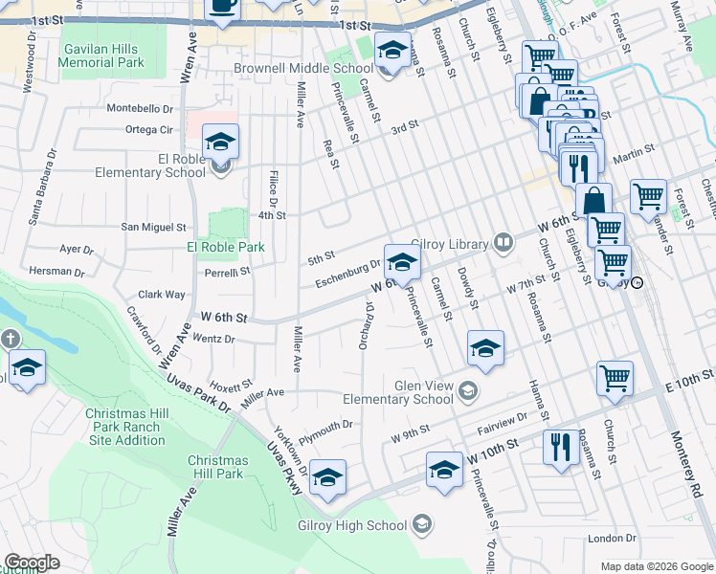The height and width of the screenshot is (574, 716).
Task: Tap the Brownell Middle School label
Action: pos(303,69)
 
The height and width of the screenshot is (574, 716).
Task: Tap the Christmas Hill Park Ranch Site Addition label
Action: pos(126,427)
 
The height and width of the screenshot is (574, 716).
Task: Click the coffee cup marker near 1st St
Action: pos(222,8)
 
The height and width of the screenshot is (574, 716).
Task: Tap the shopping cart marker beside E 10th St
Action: pos(614,377)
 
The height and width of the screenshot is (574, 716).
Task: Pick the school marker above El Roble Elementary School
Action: pos(221,143)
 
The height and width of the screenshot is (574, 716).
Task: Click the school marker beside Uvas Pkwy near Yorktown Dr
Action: pos(326,476)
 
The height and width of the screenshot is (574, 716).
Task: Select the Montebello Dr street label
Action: pos(140,109)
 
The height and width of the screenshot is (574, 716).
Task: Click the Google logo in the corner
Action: pos(33,563)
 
